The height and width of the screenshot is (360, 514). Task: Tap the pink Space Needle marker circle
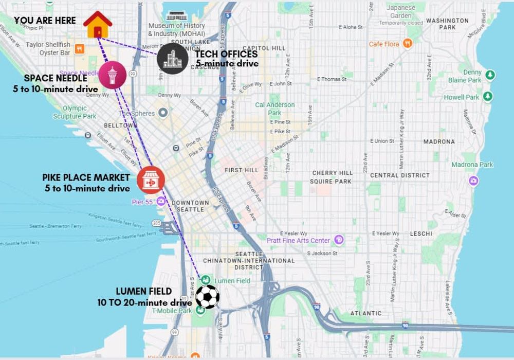(112, 75)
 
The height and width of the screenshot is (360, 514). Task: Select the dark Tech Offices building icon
(172, 59)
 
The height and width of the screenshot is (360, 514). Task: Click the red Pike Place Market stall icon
(151, 180)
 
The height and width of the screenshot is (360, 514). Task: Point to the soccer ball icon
(208, 297)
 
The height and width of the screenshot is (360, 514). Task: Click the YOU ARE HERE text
(45, 21)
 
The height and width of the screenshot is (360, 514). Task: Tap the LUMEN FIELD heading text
(143, 292)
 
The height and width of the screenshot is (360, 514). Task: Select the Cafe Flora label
(384, 44)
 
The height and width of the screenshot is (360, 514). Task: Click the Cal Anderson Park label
(275, 109)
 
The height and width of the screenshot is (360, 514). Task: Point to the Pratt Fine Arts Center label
(298, 240)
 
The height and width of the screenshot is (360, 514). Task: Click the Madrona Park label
(472, 165)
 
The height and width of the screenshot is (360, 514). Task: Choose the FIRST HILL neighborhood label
(241, 170)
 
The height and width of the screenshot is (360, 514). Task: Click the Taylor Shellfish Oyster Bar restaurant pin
(79, 49)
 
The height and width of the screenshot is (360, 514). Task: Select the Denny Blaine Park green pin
(490, 75)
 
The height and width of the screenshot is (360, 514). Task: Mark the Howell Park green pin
(488, 96)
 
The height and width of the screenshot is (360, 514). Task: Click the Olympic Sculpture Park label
(75, 112)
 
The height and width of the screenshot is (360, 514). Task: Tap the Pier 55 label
(142, 202)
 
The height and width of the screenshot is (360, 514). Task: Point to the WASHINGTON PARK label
(447, 24)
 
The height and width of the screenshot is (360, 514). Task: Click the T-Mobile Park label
(172, 311)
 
